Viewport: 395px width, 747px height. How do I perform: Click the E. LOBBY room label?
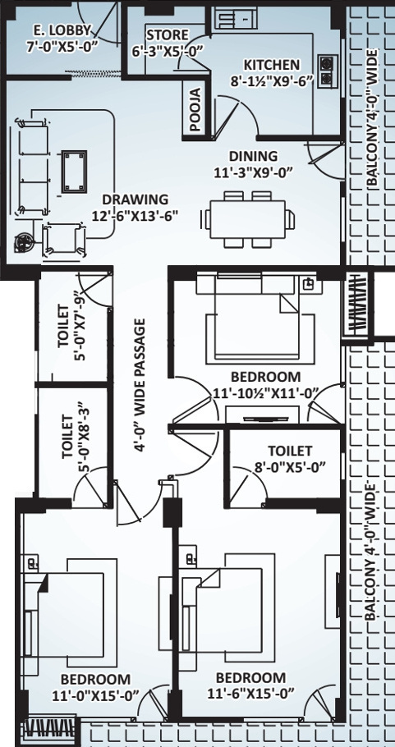(x=62, y=31)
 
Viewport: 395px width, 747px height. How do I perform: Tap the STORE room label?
(x=168, y=35)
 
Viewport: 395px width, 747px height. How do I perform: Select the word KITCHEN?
(x=272, y=65)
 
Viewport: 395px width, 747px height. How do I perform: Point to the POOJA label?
(x=195, y=109)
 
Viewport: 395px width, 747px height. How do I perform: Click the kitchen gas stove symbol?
(x=326, y=71)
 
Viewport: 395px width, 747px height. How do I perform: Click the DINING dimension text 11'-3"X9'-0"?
(x=253, y=172)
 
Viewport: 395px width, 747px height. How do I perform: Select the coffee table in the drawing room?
(x=75, y=173)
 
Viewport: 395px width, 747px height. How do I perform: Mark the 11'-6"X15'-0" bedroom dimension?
(x=250, y=693)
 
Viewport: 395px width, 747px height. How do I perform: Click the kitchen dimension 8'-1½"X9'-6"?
(x=272, y=81)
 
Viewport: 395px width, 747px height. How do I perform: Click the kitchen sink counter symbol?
(x=236, y=20)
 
